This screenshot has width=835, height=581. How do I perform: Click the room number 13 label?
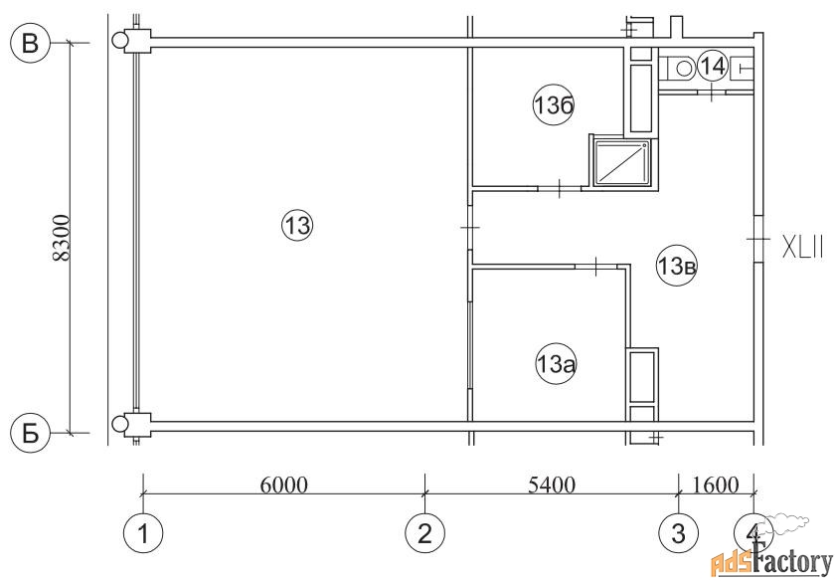click(297, 226)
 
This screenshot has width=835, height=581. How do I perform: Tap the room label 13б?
click(554, 106)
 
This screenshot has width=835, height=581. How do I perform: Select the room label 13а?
click(557, 365)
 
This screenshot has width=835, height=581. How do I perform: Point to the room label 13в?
click(677, 265)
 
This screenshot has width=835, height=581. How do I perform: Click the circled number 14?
click(713, 66)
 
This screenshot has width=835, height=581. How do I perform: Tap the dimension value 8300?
click(62, 238)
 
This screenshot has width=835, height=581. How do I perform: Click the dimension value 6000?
click(284, 484)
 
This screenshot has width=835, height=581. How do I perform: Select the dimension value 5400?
click(552, 484)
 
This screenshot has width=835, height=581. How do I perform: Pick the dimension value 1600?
click(715, 484)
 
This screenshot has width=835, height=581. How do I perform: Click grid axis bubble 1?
click(143, 533)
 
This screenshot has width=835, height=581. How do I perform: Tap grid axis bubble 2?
click(424, 533)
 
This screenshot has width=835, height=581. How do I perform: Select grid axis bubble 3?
click(678, 533)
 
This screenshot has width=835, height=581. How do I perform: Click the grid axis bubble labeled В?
click(31, 43)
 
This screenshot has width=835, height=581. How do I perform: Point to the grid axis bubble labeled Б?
click(31, 433)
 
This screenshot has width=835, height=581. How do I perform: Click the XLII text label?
click(802, 247)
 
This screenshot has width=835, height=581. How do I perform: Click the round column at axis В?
click(120, 41)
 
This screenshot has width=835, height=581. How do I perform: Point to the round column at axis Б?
click(120, 424)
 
